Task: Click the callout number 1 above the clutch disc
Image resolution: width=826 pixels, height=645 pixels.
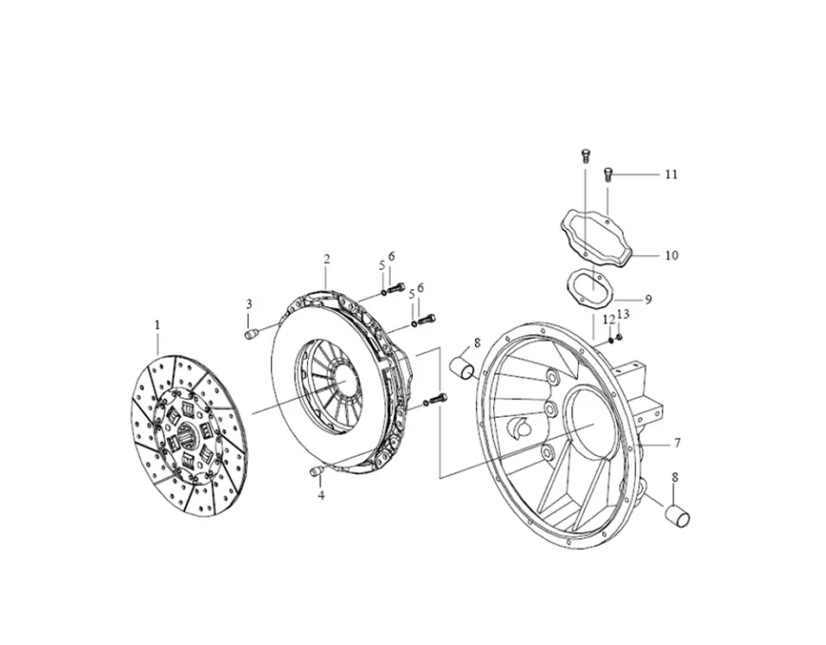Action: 157,325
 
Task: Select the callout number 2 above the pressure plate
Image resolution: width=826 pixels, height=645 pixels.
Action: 327,259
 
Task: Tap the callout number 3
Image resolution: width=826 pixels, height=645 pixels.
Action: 250,304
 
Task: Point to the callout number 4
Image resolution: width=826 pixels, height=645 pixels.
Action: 321,495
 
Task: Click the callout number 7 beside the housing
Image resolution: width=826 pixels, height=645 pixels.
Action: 677,443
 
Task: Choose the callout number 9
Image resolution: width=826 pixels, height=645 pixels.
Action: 648,299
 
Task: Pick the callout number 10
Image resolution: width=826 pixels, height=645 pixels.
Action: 671,255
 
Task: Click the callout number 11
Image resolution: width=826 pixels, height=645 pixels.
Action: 671,174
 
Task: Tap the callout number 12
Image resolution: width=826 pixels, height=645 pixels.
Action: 607,319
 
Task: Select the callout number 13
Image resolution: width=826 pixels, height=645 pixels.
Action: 624,314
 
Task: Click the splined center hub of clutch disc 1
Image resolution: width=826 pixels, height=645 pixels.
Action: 191,438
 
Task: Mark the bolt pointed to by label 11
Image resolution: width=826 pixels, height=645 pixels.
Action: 607,174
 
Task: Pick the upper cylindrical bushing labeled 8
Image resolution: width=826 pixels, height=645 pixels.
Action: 465,371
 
